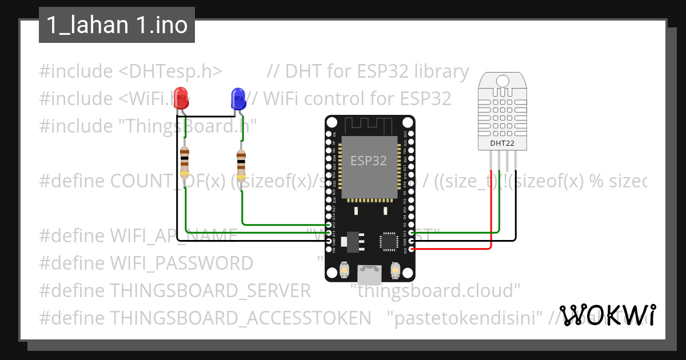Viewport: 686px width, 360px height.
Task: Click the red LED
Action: [x=181, y=97]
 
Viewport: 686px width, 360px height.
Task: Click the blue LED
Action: [x=238, y=99]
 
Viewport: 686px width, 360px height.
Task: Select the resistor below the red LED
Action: [x=185, y=162]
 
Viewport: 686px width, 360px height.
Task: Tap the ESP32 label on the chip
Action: [x=369, y=161]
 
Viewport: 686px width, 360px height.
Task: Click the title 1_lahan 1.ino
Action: [x=117, y=25]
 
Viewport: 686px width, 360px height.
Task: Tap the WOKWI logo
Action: [x=608, y=315]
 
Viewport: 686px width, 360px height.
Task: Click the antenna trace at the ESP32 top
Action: [x=369, y=124]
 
